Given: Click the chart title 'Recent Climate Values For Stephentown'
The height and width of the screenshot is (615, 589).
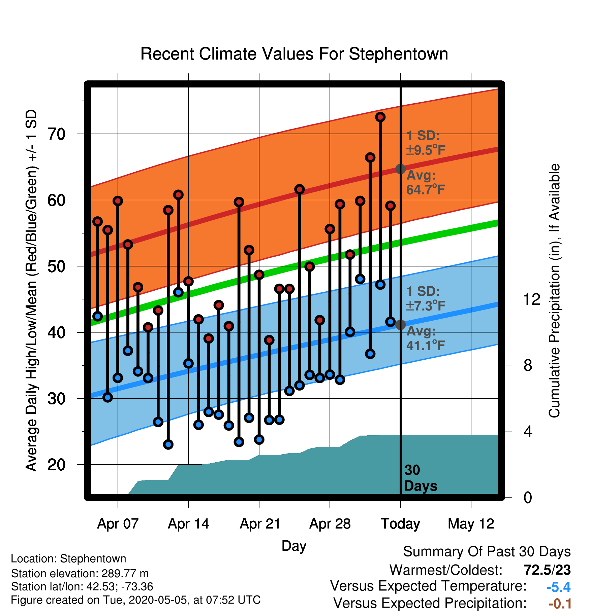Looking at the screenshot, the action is pyautogui.click(x=294, y=54).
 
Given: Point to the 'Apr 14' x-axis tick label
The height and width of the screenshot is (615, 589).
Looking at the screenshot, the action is pyautogui.click(x=188, y=524).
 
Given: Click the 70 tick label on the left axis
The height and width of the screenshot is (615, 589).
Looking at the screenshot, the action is pyautogui.click(x=56, y=134).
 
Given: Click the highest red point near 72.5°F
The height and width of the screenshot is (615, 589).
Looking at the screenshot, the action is pyautogui.click(x=380, y=117).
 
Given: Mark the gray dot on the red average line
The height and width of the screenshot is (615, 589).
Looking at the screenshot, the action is pyautogui.click(x=400, y=169).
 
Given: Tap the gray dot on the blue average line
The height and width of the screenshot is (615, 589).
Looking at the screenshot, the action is pyautogui.click(x=400, y=325).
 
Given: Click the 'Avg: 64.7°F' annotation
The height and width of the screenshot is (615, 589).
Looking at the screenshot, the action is pyautogui.click(x=426, y=183).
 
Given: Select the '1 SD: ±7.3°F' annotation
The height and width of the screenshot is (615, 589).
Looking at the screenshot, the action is pyautogui.click(x=426, y=299).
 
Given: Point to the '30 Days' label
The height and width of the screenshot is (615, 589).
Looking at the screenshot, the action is pyautogui.click(x=421, y=478).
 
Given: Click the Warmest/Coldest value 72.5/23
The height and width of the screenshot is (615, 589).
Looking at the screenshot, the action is pyautogui.click(x=547, y=570).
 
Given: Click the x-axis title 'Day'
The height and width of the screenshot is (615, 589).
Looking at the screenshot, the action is pyautogui.click(x=294, y=546).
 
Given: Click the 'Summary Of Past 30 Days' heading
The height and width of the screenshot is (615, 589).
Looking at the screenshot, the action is pyautogui.click(x=487, y=552).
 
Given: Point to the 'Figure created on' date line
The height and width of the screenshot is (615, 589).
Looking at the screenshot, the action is pyautogui.click(x=136, y=600).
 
